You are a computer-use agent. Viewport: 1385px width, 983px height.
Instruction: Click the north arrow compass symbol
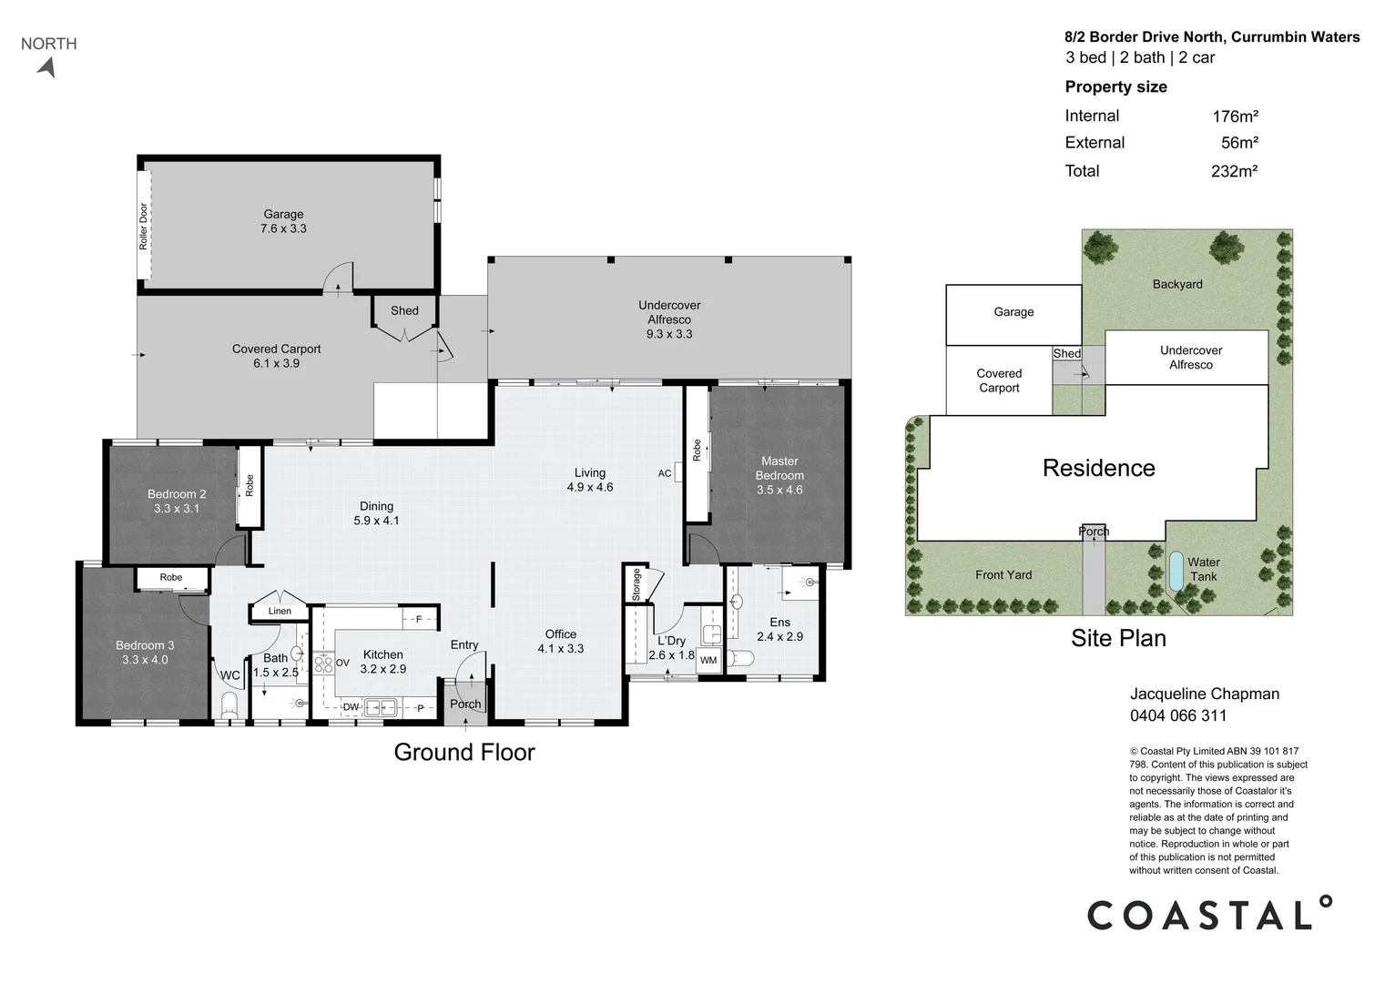click(x=47, y=67)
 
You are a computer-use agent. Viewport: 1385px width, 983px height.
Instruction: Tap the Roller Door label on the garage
click(x=144, y=226)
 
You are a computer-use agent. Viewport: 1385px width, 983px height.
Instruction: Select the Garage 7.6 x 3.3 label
click(x=283, y=222)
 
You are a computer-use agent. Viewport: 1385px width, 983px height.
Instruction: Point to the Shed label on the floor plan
click(x=404, y=310)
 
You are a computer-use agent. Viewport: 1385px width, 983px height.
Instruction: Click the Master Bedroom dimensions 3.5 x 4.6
click(x=779, y=490)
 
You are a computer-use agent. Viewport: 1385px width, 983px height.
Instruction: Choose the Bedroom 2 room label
click(x=177, y=494)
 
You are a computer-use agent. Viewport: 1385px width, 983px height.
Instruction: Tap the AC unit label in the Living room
click(x=665, y=473)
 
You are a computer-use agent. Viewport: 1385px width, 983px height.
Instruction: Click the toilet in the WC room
click(x=229, y=704)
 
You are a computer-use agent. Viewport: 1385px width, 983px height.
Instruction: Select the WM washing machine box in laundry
click(x=708, y=661)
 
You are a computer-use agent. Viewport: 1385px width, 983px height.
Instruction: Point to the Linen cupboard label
click(x=280, y=611)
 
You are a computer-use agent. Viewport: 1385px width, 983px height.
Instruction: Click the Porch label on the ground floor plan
click(x=465, y=704)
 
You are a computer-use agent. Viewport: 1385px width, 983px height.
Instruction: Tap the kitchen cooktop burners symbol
click(x=323, y=664)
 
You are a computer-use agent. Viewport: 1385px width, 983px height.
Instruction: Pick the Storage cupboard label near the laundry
click(x=636, y=584)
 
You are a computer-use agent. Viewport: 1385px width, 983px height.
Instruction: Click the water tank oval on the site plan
click(x=1176, y=570)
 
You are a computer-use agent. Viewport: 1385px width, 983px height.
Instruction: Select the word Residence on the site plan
click(x=1098, y=468)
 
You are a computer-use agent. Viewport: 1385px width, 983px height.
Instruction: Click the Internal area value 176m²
click(x=1235, y=117)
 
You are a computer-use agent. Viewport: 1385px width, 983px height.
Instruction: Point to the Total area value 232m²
click(x=1234, y=171)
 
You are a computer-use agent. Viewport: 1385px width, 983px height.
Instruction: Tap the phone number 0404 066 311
click(x=1178, y=715)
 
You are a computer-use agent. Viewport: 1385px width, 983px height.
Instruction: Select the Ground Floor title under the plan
click(x=464, y=752)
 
